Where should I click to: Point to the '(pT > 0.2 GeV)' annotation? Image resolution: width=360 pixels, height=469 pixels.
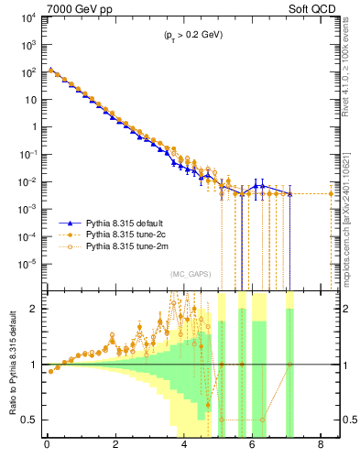188,35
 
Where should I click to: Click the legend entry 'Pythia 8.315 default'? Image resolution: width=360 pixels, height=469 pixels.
130,224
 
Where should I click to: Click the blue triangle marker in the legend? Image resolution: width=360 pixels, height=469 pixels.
71,224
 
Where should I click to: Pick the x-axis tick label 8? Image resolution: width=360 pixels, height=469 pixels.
321,447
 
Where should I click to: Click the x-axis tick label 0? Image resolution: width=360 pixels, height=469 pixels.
47,447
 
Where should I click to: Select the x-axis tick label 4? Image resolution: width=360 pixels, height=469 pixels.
184,447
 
